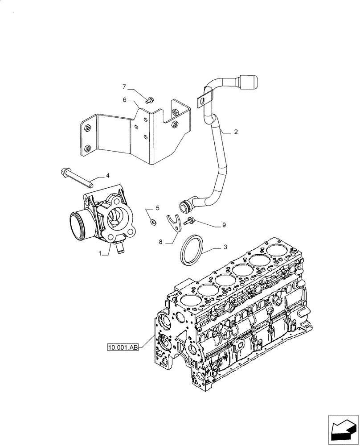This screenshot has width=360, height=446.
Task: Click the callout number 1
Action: (102, 253)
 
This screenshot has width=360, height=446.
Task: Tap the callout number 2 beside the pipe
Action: (236, 132)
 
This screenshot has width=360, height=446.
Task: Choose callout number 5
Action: (157, 208)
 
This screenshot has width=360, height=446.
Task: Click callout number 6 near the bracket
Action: (125, 100)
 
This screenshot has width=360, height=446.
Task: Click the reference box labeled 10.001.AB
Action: (123, 346)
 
